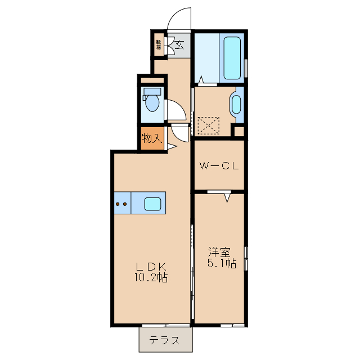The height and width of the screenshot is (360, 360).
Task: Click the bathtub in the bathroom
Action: click(232, 58)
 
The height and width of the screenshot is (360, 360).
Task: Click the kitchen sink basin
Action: click(154, 204)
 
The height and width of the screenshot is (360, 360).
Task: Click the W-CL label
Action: click(219, 166)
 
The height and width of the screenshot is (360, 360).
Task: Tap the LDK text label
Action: click(150, 266)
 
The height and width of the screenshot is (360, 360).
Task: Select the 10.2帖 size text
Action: click(150, 277)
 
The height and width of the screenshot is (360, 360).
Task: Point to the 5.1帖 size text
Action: click(221, 263)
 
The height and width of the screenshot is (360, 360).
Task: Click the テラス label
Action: click(165, 340)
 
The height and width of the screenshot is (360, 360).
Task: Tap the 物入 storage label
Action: click(151, 138)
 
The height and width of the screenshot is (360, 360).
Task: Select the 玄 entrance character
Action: click(179, 45)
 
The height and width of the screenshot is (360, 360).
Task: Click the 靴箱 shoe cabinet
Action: click(159, 44)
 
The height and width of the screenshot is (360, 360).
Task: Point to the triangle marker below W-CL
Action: click(228, 197)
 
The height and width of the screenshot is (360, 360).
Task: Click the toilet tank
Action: click(151, 92)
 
